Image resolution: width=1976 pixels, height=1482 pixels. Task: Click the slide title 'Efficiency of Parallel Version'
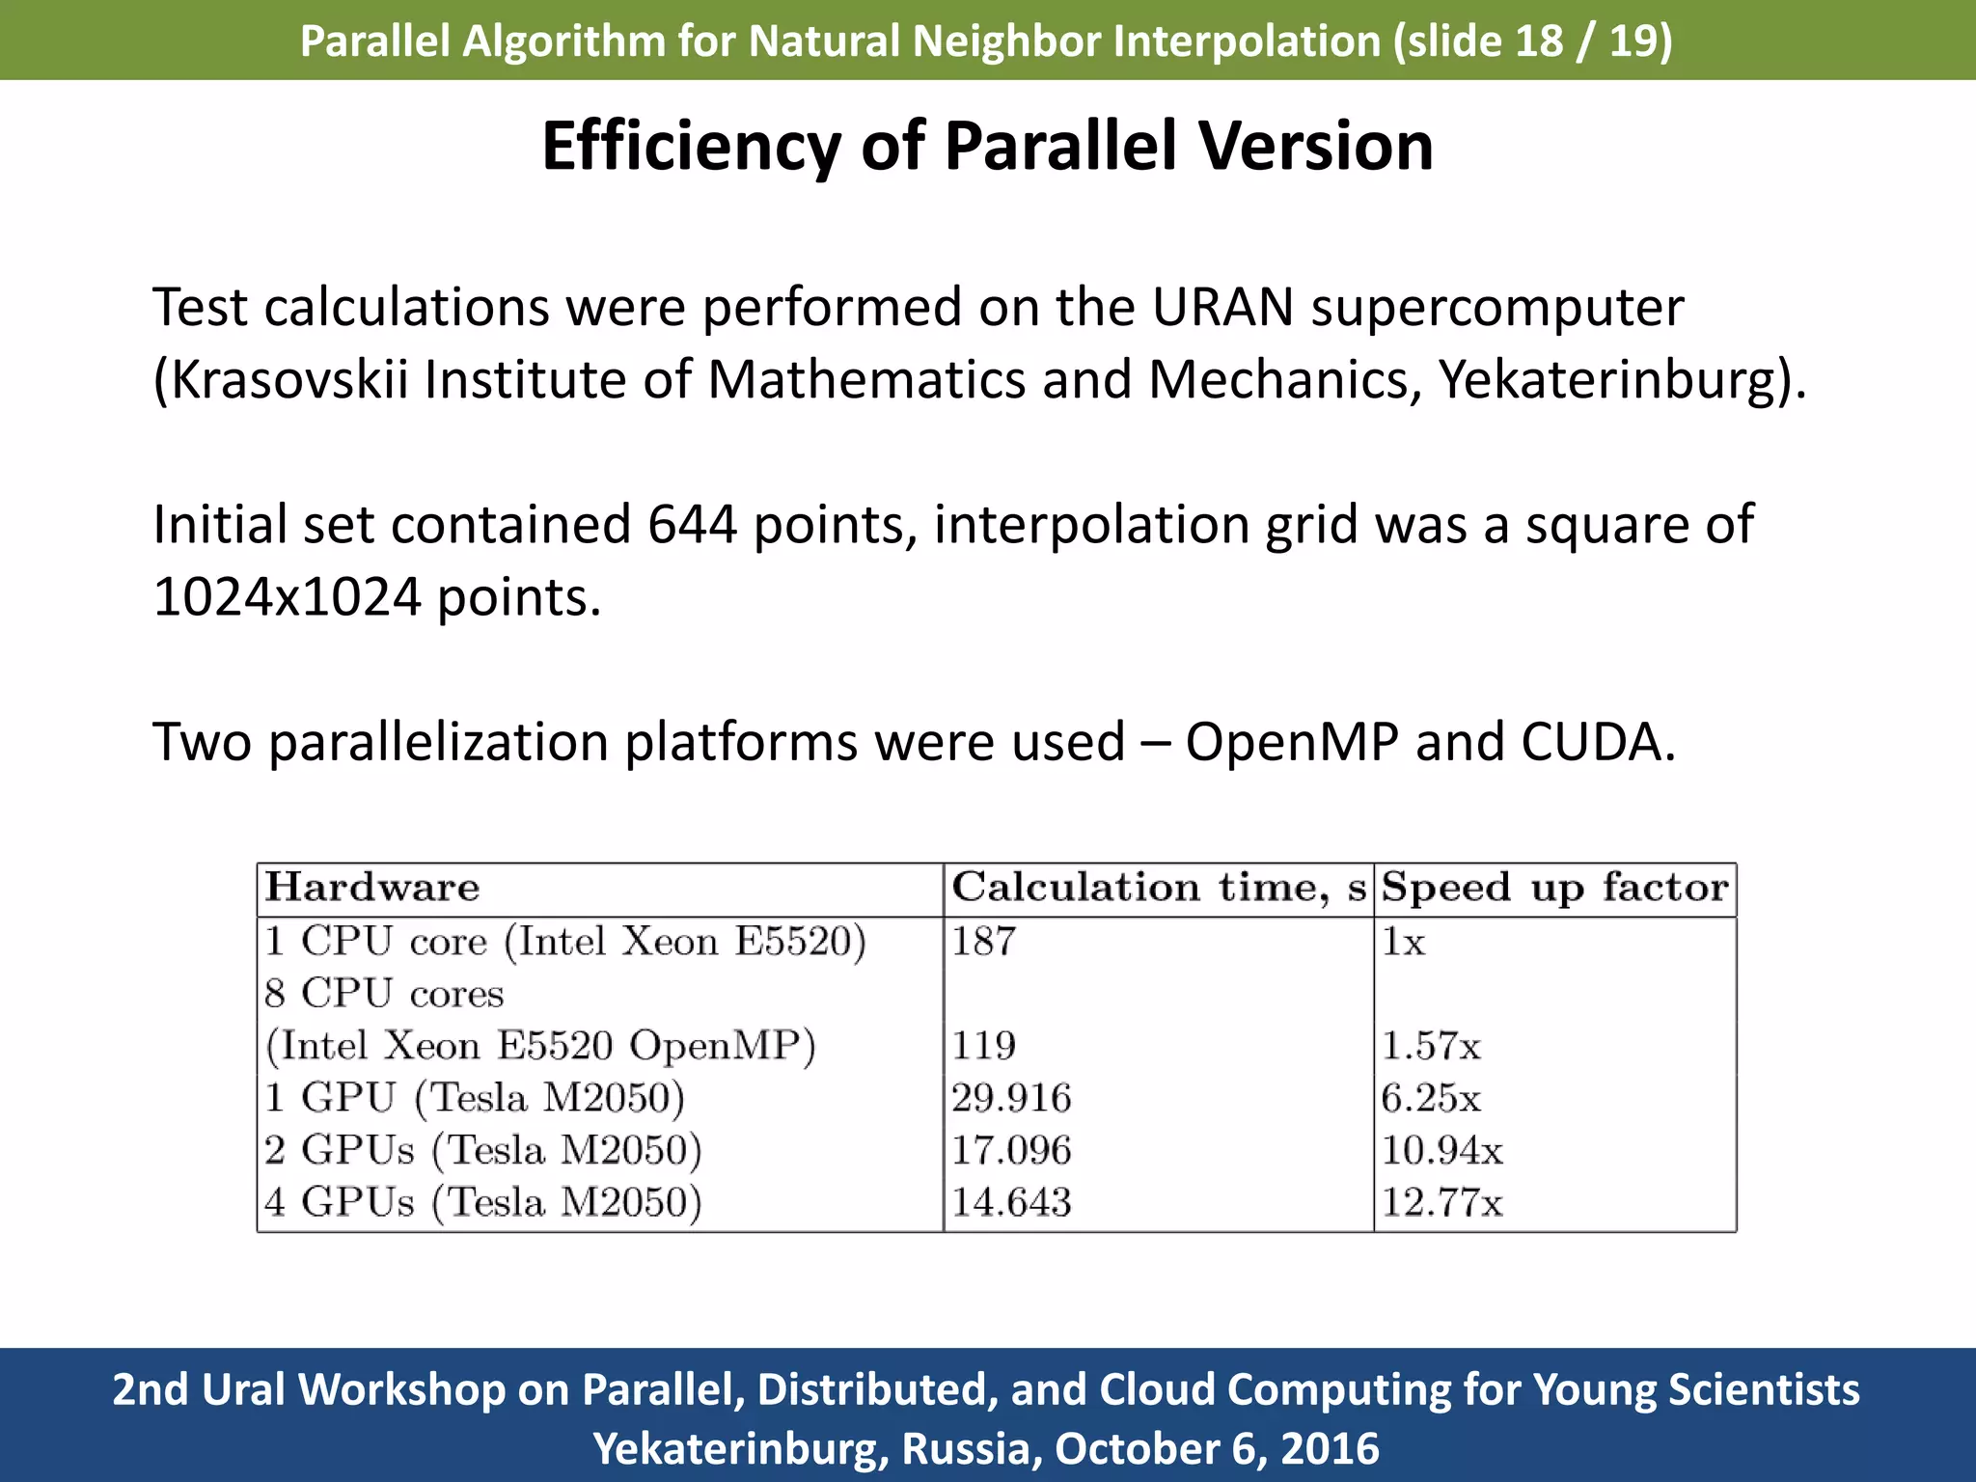(x=987, y=147)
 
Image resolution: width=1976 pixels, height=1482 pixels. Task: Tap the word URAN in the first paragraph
(x=1221, y=308)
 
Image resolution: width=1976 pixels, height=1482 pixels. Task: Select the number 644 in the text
(x=692, y=525)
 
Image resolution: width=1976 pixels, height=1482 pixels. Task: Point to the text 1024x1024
(x=287, y=597)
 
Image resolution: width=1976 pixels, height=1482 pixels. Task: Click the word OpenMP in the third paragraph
(x=1291, y=742)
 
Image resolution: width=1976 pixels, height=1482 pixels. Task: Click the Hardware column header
(x=372, y=888)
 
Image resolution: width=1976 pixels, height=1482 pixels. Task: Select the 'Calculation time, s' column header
(x=1158, y=888)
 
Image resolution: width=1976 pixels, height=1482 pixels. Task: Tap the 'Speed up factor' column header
(x=1553, y=888)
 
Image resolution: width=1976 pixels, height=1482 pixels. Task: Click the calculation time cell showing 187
(x=983, y=941)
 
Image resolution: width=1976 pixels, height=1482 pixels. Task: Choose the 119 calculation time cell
(x=983, y=1046)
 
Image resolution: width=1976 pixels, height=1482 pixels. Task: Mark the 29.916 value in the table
(x=1010, y=1098)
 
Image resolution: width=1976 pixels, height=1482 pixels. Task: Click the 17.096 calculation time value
(x=1010, y=1150)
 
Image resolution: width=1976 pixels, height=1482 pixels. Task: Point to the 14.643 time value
(x=1010, y=1202)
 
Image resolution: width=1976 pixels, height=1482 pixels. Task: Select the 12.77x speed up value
(x=1441, y=1202)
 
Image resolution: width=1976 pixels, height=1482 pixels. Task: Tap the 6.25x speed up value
(x=1430, y=1098)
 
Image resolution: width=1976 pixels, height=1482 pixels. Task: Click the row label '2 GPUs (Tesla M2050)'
(x=482, y=1150)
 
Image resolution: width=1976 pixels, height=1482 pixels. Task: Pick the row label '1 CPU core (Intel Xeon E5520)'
(x=564, y=941)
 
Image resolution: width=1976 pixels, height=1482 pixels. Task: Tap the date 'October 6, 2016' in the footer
(x=1216, y=1448)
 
